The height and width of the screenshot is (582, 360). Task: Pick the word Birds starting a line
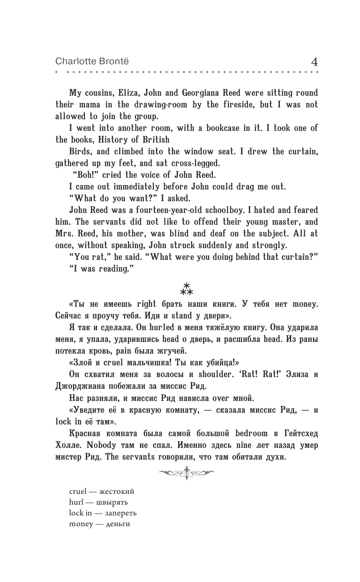[80, 152]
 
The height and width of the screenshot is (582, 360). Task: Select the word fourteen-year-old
[180, 210]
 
